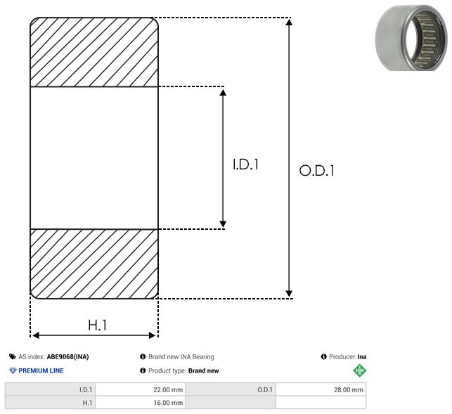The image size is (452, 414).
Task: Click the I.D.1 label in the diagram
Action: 245,164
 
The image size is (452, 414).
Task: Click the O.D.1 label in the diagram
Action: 317,170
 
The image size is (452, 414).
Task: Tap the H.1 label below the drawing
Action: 98,325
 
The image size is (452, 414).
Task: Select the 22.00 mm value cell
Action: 141,389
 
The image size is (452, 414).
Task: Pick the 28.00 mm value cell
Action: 321,389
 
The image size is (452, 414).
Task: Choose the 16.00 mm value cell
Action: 141,403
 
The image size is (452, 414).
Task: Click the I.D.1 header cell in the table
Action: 50,389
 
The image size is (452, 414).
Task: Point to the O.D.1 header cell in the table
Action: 231,389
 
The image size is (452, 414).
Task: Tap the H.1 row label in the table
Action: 50,403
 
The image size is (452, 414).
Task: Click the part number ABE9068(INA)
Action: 67,356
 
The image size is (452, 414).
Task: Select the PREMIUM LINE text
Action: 41,370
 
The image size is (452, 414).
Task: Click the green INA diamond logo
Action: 359,370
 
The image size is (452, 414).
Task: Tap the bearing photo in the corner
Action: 411,38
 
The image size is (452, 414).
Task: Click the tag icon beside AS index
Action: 13,356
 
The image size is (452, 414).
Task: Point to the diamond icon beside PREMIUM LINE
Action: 13,370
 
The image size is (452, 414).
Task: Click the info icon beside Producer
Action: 324,356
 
